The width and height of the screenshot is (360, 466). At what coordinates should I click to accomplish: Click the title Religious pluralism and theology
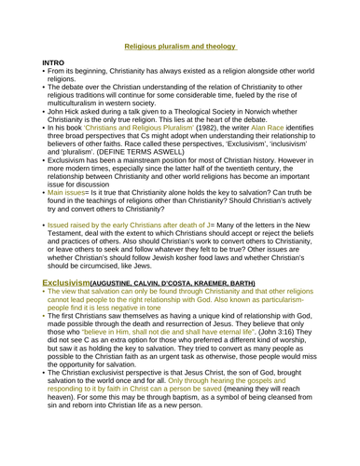pos(180,44)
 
